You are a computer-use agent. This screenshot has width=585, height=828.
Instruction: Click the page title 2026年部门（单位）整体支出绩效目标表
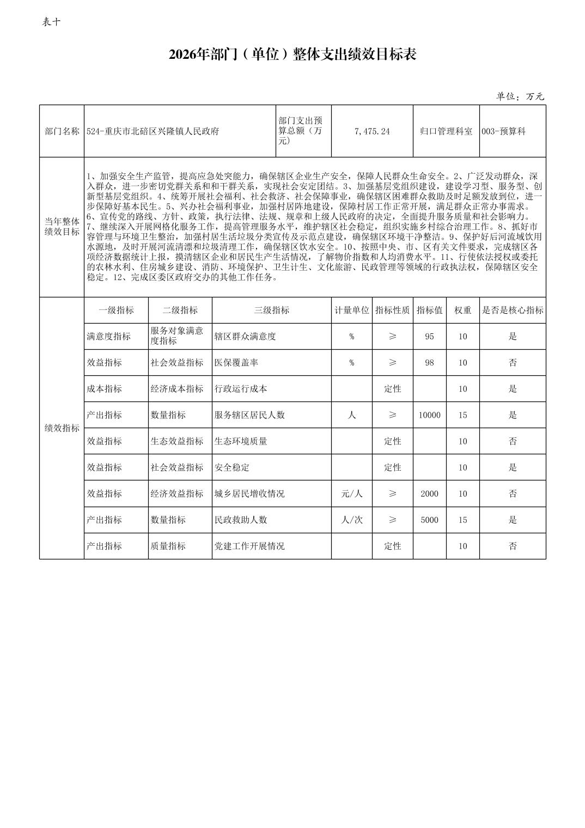292,54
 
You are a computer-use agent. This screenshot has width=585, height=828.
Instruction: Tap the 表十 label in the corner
51,22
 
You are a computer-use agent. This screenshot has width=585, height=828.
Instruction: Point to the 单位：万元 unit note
520,96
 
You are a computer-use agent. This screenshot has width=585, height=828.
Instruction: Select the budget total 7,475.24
371,131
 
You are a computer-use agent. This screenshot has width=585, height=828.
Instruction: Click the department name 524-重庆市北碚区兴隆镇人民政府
153,131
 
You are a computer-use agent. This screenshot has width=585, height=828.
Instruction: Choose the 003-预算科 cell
503,131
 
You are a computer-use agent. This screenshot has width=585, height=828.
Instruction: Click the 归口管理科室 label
446,131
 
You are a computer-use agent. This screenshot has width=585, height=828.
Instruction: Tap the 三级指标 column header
271,310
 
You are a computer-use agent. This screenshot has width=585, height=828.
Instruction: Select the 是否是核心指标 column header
512,310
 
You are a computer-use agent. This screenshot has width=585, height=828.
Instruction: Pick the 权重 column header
462,310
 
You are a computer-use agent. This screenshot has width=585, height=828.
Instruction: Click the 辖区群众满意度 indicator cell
245,336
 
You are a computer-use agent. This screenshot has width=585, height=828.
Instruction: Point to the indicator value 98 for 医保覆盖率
429,362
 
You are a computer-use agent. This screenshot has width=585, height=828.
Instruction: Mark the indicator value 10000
429,415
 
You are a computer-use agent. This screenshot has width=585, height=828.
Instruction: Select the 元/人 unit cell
351,494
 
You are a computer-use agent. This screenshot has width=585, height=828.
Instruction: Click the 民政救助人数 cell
241,520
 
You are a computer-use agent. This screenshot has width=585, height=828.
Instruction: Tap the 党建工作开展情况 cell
249,546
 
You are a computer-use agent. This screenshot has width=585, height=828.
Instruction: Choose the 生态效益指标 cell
177,441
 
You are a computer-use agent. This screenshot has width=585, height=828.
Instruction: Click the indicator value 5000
429,520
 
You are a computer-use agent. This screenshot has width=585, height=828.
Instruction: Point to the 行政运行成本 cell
241,388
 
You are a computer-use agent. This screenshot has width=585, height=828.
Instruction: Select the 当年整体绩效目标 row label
62,227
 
